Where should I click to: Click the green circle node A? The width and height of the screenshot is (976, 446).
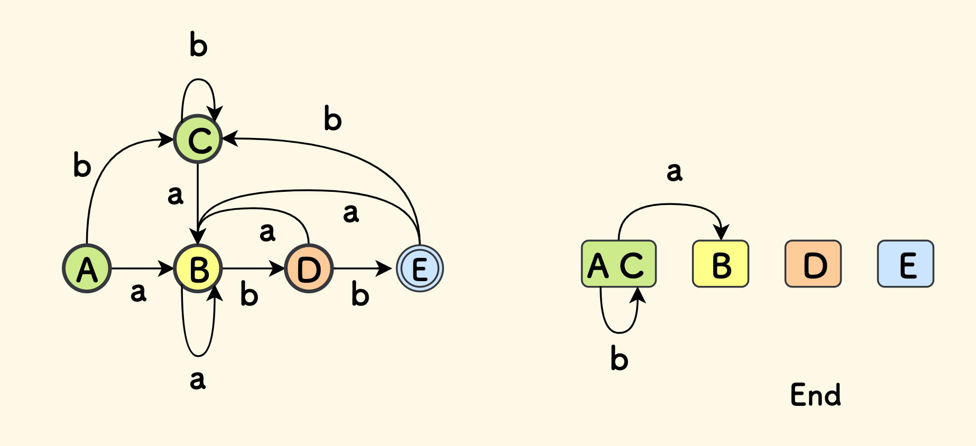pyautogui.click(x=87, y=268)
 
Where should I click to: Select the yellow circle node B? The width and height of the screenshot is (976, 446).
pyautogui.click(x=198, y=268)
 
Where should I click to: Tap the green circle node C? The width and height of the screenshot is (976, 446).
pyautogui.click(x=198, y=140)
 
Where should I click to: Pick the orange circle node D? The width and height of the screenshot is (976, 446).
pyautogui.click(x=309, y=268)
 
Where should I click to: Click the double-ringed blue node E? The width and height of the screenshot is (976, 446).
pyautogui.click(x=420, y=268)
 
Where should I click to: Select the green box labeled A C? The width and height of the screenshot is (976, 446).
pyautogui.click(x=619, y=264)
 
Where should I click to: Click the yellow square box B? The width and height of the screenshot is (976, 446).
pyautogui.click(x=721, y=264)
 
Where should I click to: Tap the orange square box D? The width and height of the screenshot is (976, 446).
pyautogui.click(x=813, y=264)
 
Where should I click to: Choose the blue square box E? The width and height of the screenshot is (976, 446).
pyautogui.click(x=906, y=264)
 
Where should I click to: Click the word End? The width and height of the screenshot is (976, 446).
pyautogui.click(x=815, y=395)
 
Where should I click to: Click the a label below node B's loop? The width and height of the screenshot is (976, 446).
pyautogui.click(x=197, y=379)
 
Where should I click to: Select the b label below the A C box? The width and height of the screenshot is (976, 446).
pyautogui.click(x=619, y=358)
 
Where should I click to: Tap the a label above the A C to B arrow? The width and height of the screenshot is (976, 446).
pyautogui.click(x=674, y=171)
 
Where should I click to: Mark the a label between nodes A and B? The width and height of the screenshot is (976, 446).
pyautogui.click(x=138, y=292)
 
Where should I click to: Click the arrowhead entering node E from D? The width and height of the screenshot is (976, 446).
pyautogui.click(x=384, y=268)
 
